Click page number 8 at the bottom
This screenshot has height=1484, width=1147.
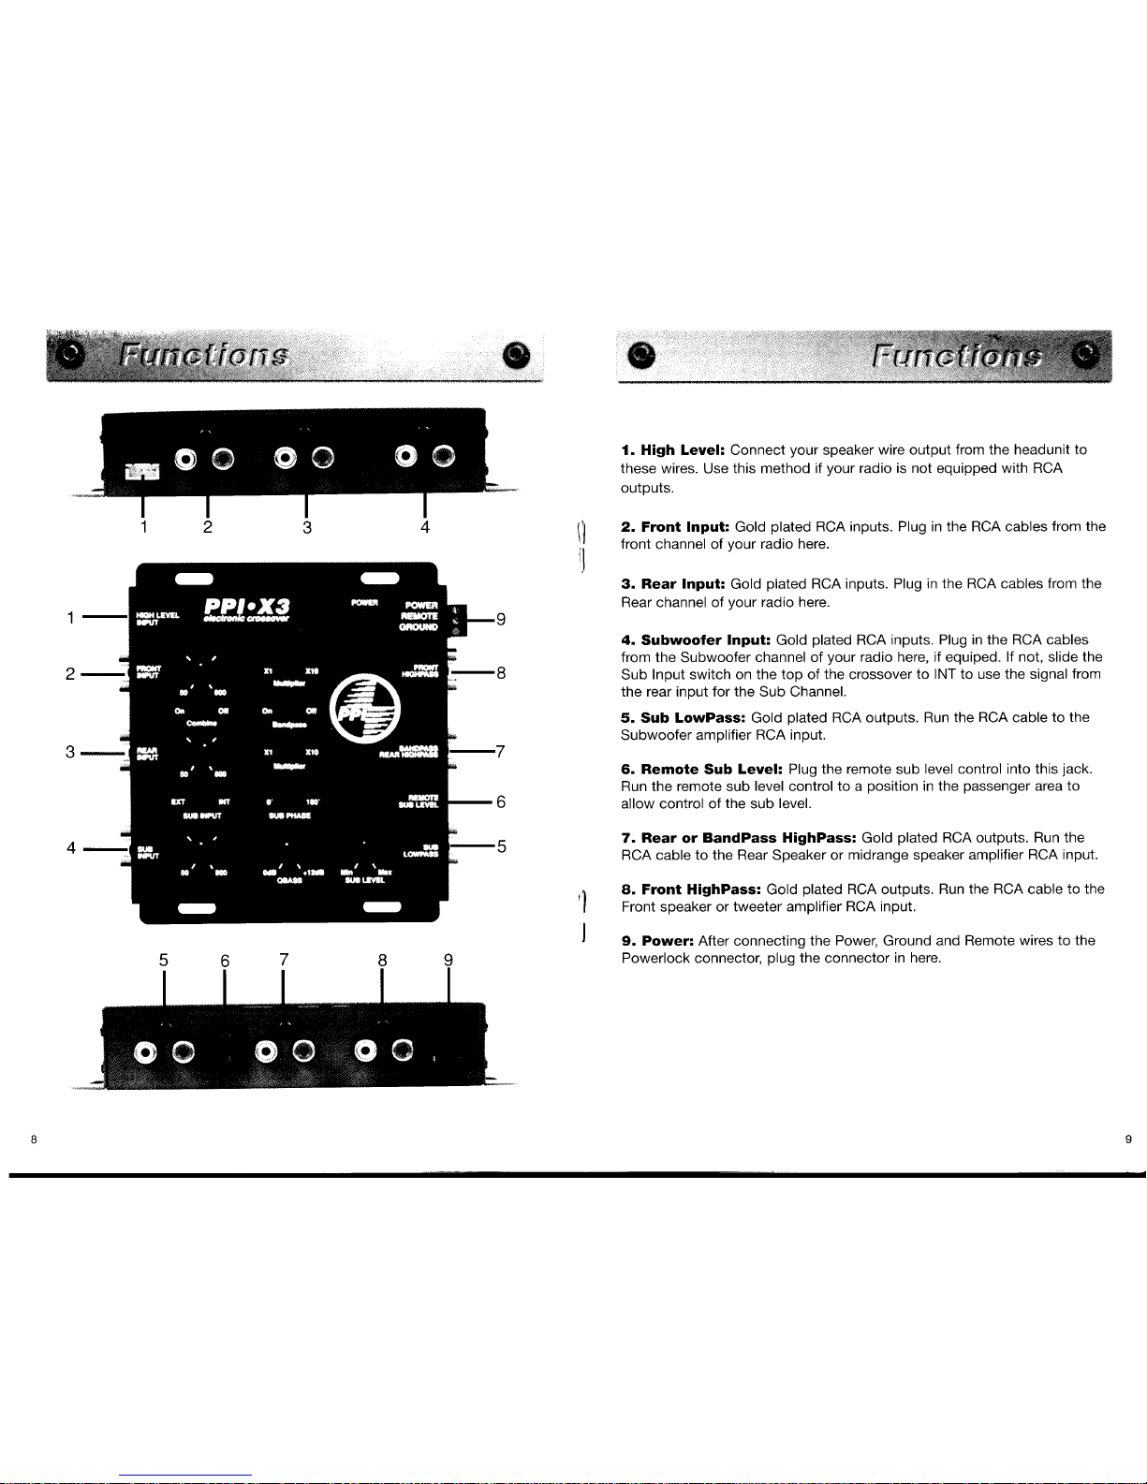click(x=33, y=1139)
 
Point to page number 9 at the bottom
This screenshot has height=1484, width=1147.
click(x=1128, y=1139)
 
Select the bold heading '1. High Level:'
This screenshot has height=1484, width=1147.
click(x=673, y=450)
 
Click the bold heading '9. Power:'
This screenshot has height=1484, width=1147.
click(x=657, y=940)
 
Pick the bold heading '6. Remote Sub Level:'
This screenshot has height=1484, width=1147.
click(x=702, y=770)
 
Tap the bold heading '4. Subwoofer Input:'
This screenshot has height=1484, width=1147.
click(x=696, y=640)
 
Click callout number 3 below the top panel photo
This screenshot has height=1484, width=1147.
click(x=307, y=527)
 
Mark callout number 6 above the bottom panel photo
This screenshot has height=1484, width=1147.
click(x=225, y=960)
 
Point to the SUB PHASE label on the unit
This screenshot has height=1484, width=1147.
click(x=290, y=815)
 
